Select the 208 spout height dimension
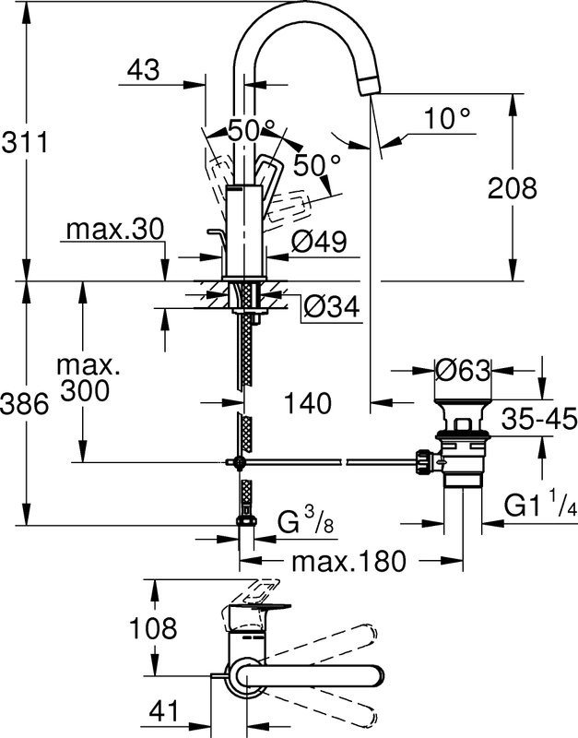point(513,188)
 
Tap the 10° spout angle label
point(448,117)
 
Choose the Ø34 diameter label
point(330,304)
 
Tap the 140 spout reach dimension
point(308,402)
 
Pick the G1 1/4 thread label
point(538,506)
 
